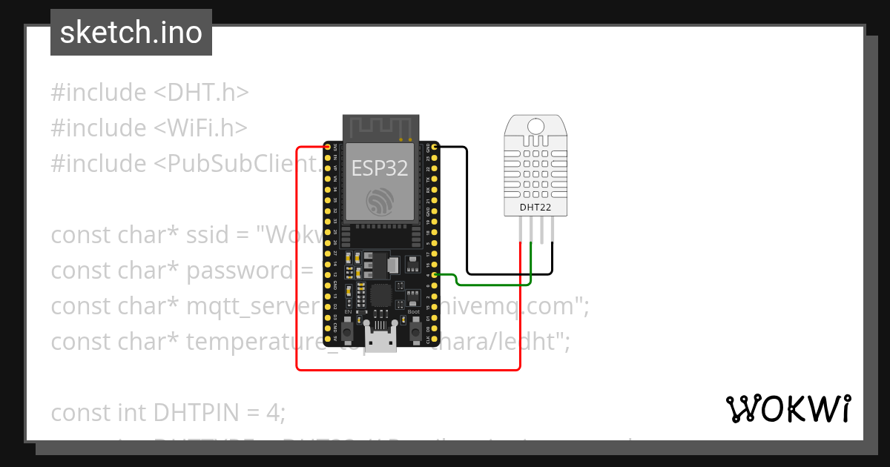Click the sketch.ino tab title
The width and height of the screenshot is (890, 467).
(131, 33)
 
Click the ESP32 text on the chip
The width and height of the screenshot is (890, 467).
(380, 168)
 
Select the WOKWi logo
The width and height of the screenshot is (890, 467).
(788, 408)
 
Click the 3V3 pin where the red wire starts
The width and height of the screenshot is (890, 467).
(327, 147)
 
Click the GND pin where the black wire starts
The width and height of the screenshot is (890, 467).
(434, 147)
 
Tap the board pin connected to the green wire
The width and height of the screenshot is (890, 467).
(434, 275)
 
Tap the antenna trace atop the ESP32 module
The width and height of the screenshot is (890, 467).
(380, 127)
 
